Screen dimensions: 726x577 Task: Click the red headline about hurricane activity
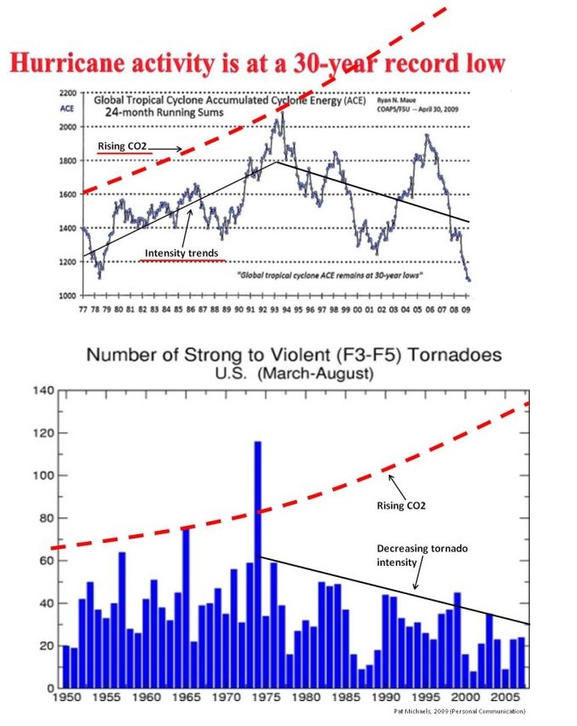point(257,64)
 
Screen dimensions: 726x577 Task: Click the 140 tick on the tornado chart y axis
point(43,391)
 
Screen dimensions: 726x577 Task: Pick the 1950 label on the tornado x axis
point(65,699)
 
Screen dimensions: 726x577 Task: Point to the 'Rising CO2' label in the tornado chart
point(402,505)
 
